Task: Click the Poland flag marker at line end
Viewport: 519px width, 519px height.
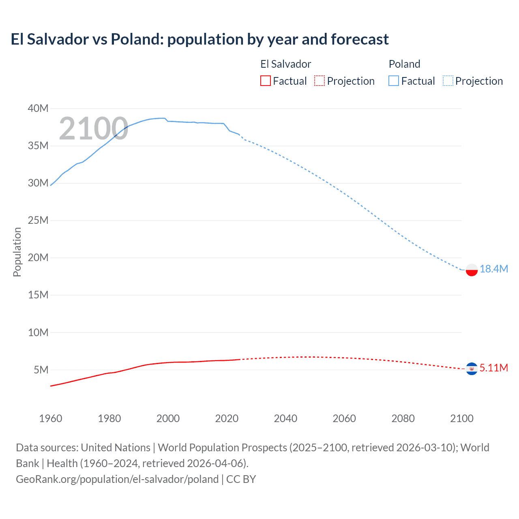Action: (x=472, y=270)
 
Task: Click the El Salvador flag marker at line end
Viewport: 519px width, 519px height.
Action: (x=472, y=369)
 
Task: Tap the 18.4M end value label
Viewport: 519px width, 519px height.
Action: (x=493, y=269)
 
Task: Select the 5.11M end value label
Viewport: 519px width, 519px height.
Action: (x=493, y=368)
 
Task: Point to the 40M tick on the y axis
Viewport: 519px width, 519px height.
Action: (x=38, y=108)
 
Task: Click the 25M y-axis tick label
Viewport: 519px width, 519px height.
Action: (x=38, y=220)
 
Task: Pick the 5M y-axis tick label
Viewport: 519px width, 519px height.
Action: (x=41, y=370)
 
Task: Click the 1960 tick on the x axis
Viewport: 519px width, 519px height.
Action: (x=51, y=418)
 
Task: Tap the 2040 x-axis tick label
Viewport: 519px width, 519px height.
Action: (x=285, y=418)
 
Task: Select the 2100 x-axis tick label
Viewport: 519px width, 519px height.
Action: (x=461, y=418)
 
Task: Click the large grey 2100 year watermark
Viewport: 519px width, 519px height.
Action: (x=94, y=129)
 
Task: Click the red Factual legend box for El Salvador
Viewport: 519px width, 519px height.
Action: (x=265, y=81)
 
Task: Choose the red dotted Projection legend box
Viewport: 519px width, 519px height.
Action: (x=320, y=81)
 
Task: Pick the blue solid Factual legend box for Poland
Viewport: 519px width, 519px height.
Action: (x=394, y=81)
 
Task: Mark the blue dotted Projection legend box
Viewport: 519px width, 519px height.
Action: (x=448, y=81)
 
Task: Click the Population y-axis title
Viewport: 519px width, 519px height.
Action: (x=17, y=252)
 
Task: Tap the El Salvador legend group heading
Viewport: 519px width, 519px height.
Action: (x=285, y=64)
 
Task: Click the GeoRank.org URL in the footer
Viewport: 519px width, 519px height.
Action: (x=117, y=479)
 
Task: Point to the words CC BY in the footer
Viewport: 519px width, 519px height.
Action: (x=241, y=479)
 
